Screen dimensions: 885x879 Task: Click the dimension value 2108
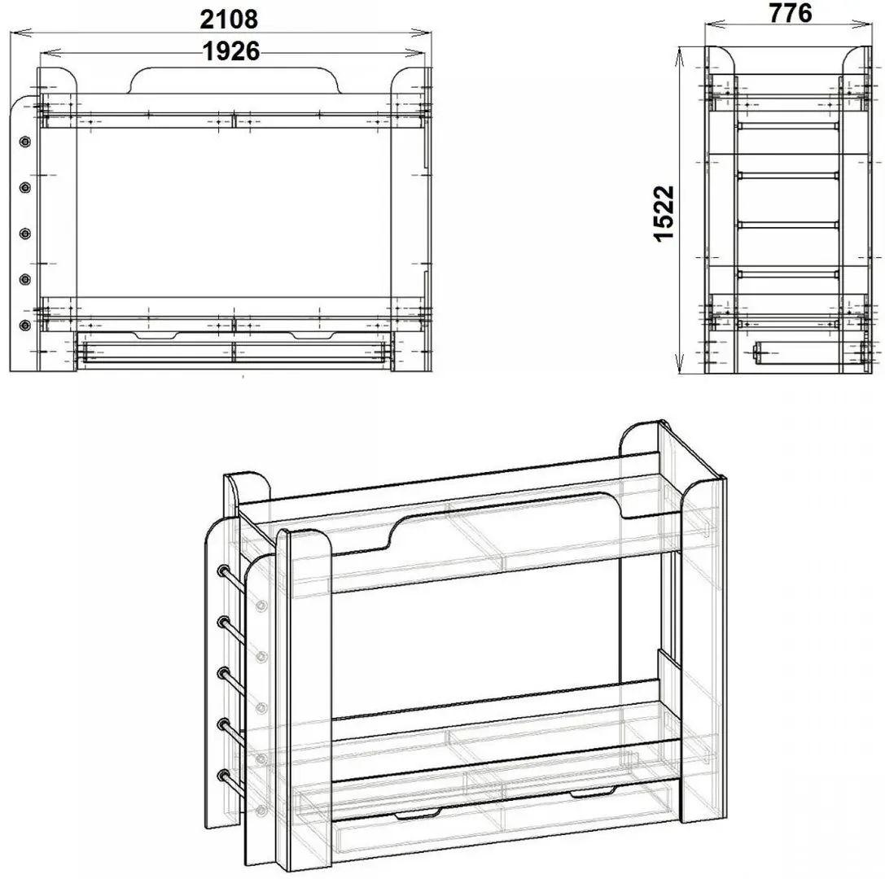click(229, 20)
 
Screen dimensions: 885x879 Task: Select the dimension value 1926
click(231, 51)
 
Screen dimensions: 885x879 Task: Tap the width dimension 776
click(791, 14)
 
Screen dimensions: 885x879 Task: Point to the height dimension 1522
click(664, 213)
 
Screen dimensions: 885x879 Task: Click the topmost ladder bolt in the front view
click(25, 142)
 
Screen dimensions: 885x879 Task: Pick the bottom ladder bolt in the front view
click(25, 325)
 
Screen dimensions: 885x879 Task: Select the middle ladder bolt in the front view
click(25, 233)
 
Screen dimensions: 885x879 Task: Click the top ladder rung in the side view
click(788, 125)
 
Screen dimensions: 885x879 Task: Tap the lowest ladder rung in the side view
click(788, 275)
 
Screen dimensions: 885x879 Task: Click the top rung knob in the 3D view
click(224, 570)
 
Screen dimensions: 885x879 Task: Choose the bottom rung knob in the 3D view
click(224, 775)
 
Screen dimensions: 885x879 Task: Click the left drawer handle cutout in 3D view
click(418, 814)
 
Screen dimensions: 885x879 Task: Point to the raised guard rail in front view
click(235, 80)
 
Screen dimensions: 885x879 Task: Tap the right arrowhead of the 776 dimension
click(869, 24)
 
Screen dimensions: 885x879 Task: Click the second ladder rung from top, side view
click(788, 176)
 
